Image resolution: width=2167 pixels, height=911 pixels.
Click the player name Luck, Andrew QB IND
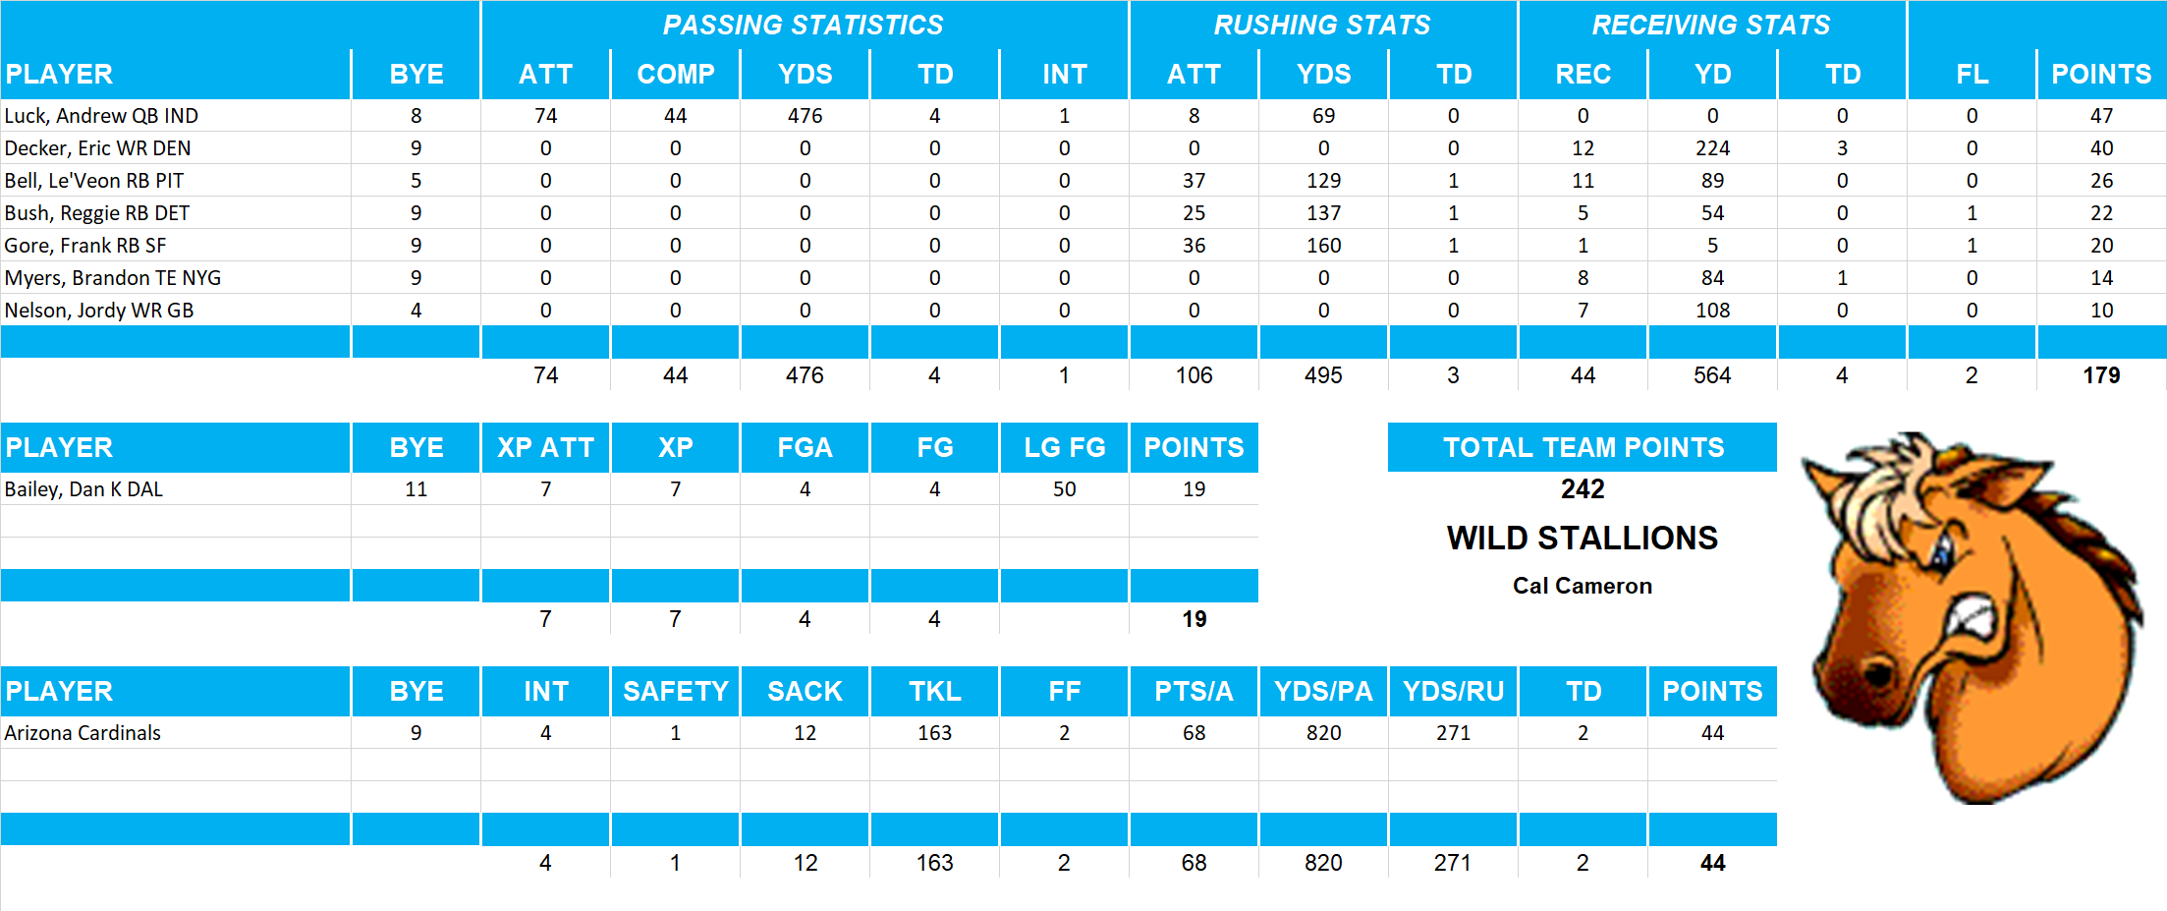pos(101,116)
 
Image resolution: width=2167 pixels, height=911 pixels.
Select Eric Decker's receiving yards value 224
pos(1712,148)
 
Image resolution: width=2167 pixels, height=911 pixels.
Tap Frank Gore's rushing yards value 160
pos(1323,246)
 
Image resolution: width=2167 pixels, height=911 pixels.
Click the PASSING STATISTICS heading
pos(803,26)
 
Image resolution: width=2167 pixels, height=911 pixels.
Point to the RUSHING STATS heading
pos(1322,26)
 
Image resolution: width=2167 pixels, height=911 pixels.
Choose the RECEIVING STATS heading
pos(1711,26)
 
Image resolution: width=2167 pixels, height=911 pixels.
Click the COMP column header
pos(675,75)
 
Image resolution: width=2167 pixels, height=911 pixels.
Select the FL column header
pos(1972,75)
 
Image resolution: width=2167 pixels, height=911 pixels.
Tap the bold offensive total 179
pos(2101,375)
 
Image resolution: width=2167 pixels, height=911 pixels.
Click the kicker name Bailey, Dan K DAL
pos(83,489)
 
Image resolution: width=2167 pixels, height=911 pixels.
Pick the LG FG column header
pos(1064,448)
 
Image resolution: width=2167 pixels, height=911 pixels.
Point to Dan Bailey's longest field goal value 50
pos(1064,489)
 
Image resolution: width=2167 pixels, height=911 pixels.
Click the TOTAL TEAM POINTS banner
pos(1583,448)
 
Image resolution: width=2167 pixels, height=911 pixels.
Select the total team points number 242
pos(1583,489)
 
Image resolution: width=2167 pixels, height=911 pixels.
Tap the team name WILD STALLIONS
pos(1582,539)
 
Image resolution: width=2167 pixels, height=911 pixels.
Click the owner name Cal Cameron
pos(1582,586)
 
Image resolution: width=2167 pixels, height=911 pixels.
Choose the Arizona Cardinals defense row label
pos(83,733)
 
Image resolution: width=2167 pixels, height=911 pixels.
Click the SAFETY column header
pos(675,692)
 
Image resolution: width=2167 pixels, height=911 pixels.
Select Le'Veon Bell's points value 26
pos(2101,181)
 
